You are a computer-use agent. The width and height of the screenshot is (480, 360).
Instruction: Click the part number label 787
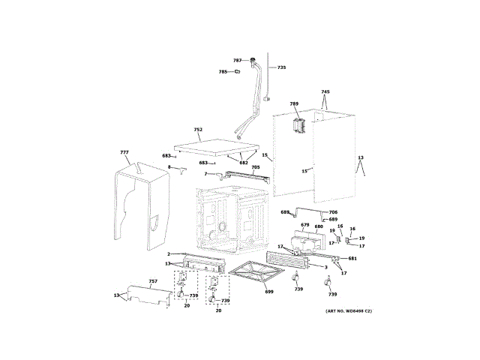[x=236, y=60]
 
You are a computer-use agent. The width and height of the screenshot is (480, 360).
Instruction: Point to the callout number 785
[x=223, y=72]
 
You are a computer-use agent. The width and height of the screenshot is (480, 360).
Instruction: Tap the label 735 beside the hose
[x=281, y=68]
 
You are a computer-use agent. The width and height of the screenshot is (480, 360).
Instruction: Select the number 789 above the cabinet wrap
[x=294, y=103]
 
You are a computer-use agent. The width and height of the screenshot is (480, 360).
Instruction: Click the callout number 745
[x=325, y=92]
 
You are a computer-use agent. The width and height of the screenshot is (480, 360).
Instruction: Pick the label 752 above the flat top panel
[x=198, y=130]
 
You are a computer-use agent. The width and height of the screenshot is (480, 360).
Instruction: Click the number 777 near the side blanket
[x=124, y=152]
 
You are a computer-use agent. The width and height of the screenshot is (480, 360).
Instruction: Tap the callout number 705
[x=255, y=167]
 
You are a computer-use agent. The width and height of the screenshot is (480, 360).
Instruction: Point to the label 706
[x=333, y=212]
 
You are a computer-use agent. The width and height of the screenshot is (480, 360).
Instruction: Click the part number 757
[x=153, y=281]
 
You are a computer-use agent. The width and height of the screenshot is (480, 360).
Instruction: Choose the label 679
[x=304, y=225]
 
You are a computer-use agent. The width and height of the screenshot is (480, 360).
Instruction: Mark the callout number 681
[x=352, y=259]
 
